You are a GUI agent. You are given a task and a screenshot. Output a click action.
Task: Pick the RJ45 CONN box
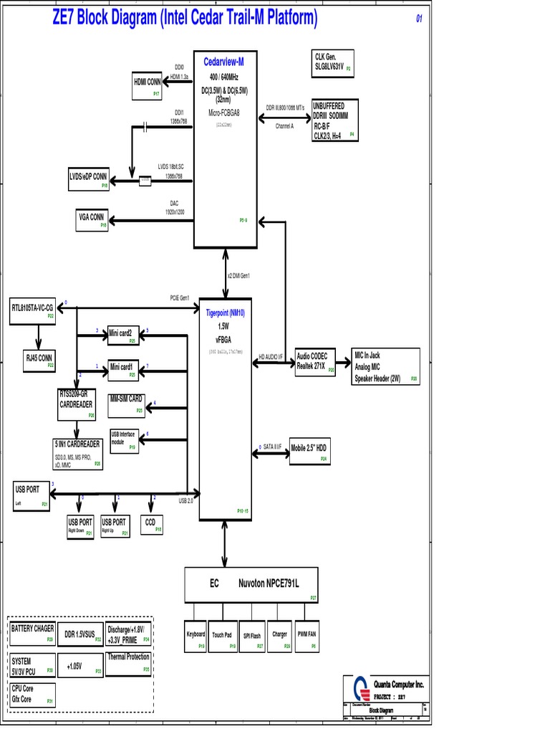pyautogui.click(x=39, y=359)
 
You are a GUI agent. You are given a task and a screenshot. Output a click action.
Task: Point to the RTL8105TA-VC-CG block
pyautogui.click(x=33, y=308)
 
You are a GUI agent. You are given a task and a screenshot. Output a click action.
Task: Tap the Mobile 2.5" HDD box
pyautogui.click(x=309, y=449)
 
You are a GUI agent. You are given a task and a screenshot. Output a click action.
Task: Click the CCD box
pyautogui.click(x=152, y=525)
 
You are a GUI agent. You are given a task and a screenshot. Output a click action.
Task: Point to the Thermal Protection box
pyautogui.click(x=129, y=662)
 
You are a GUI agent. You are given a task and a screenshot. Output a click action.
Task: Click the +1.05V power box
pyautogui.click(x=81, y=666)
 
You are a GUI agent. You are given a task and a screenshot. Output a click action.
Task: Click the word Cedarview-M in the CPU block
pyautogui.click(x=224, y=62)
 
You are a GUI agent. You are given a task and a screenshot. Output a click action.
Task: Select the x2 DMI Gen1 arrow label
pyautogui.click(x=238, y=276)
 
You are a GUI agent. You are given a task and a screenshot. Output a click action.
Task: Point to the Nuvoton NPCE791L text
pyautogui.click(x=269, y=584)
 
